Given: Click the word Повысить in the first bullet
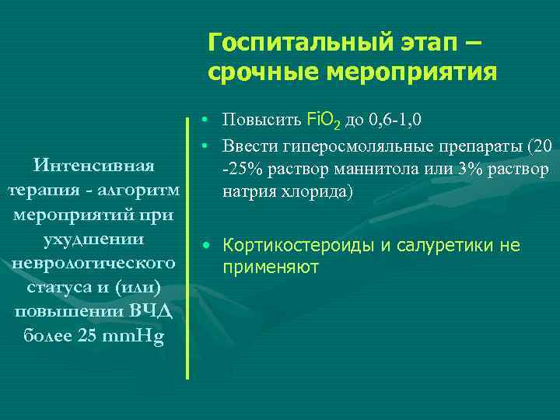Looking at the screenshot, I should click(x=252, y=121).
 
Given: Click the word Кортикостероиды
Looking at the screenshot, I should click(x=299, y=246).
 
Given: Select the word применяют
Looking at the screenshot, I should click(x=271, y=268).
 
